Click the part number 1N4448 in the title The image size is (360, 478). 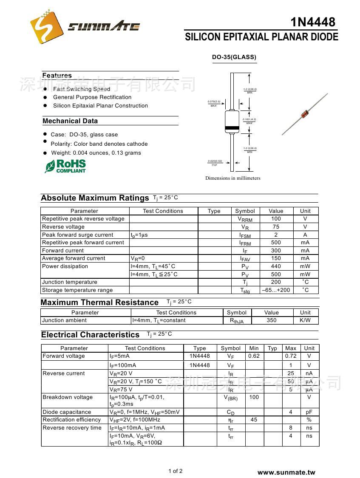click(x=313, y=22)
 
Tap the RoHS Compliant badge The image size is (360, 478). click(x=65, y=166)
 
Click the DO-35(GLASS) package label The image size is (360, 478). click(x=234, y=57)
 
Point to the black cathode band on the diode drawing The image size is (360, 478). click(x=232, y=128)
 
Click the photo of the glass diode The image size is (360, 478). click(x=304, y=114)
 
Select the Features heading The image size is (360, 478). click(x=57, y=76)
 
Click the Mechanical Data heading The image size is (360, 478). click(x=70, y=121)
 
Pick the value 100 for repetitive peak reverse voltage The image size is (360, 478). click(x=276, y=219)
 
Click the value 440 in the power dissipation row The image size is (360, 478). click(x=276, y=266)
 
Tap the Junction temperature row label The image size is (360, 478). click(x=70, y=282)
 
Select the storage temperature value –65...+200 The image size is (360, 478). click(x=276, y=290)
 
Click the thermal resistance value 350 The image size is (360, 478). click(x=272, y=320)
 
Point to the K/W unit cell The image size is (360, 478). click(x=305, y=320)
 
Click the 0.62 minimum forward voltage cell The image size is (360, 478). click(x=254, y=356)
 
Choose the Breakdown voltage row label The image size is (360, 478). click(x=68, y=397)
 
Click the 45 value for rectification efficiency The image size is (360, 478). click(x=254, y=420)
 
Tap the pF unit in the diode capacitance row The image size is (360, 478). click(x=309, y=412)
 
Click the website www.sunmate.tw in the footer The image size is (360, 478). click(x=286, y=472)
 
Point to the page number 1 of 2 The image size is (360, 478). click(x=176, y=471)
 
